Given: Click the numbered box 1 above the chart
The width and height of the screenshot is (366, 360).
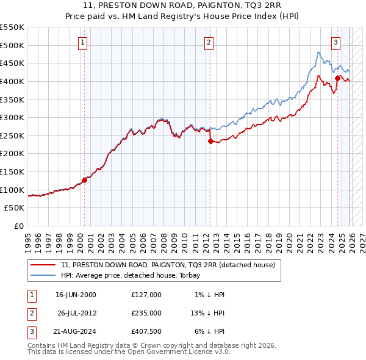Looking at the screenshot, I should pyautogui.click(x=82, y=42).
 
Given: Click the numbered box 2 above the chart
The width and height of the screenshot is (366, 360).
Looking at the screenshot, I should pyautogui.click(x=209, y=42).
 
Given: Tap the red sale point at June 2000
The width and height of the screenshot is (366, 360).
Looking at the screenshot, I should pyautogui.click(x=85, y=180).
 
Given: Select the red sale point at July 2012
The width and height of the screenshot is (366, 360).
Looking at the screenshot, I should pyautogui.click(x=210, y=141).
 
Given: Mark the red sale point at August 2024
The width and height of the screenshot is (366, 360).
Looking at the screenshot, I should pyautogui.click(x=337, y=78).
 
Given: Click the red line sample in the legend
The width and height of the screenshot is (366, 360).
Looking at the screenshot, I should pyautogui.click(x=43, y=265).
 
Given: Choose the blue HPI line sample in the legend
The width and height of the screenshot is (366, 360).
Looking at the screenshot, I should pyautogui.click(x=43, y=275).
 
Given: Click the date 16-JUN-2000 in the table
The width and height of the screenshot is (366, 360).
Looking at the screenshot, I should pyautogui.click(x=76, y=295).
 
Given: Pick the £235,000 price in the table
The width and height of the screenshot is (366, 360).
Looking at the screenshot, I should pyautogui.click(x=146, y=313).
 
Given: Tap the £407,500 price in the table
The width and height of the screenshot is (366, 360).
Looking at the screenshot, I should pyautogui.click(x=146, y=331).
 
